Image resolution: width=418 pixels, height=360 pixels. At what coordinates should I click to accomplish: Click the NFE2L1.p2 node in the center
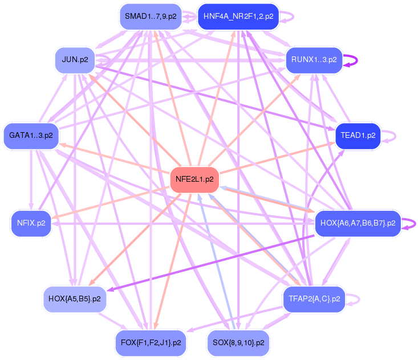coord(194,179)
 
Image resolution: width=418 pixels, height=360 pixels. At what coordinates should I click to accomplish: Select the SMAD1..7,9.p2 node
coord(151,17)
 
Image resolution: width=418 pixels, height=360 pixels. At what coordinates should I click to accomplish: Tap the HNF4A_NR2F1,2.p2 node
coord(238,17)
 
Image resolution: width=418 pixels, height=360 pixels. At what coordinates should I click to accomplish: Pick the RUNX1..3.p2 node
coord(314,59)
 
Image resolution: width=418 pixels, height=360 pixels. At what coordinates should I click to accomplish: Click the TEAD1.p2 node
coord(358,136)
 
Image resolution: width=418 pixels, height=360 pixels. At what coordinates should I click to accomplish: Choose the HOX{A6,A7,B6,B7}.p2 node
coord(358,223)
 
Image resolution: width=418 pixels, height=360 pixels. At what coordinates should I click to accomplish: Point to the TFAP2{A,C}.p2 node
coord(314,298)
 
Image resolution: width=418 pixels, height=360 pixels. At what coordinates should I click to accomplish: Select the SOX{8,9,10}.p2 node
coord(238,343)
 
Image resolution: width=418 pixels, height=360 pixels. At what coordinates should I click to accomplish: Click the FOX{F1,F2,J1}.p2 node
coord(151,343)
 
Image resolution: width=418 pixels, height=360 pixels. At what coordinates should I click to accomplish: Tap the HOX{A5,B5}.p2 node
coord(75,298)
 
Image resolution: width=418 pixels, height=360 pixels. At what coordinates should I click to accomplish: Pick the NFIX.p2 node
coord(31,223)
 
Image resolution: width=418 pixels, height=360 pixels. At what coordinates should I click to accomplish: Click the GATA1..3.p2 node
coord(31,136)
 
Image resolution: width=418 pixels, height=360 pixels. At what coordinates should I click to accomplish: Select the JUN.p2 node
coord(75,59)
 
